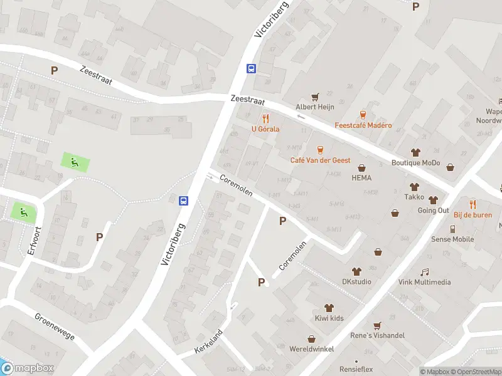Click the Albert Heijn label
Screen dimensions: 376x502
pyautogui.click(x=314, y=107)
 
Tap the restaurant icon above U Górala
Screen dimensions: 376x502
pyautogui.click(x=265, y=118)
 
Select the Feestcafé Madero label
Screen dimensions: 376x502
pyautogui.click(x=363, y=125)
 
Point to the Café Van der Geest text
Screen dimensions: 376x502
pyautogui.click(x=320, y=160)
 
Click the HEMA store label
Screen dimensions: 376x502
pyautogui.click(x=361, y=177)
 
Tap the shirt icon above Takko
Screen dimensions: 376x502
pyautogui.click(x=414, y=187)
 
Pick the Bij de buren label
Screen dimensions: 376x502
pyautogui.click(x=472, y=214)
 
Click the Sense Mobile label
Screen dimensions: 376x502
pyautogui.click(x=452, y=239)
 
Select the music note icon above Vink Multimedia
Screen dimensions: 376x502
pyautogui.click(x=425, y=272)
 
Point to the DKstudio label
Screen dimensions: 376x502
pyautogui.click(x=356, y=281)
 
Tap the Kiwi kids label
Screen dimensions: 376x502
pyautogui.click(x=329, y=318)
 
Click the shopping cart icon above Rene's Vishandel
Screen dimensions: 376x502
pyautogui.click(x=377, y=326)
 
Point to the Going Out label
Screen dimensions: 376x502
pyautogui.click(x=433, y=211)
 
